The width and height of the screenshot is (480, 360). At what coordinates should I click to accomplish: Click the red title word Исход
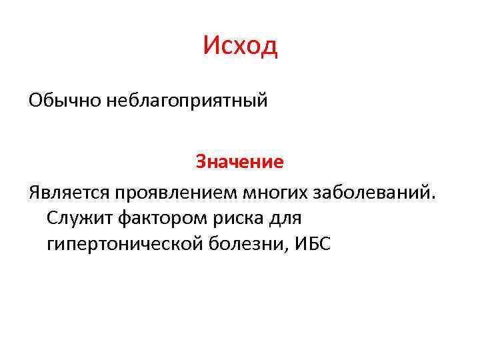pos(240,46)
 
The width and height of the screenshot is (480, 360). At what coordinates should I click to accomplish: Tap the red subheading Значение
pos(239,162)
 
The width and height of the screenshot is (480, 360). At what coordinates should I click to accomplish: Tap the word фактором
pos(151,219)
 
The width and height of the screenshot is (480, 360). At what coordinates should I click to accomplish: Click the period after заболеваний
pos(436,199)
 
